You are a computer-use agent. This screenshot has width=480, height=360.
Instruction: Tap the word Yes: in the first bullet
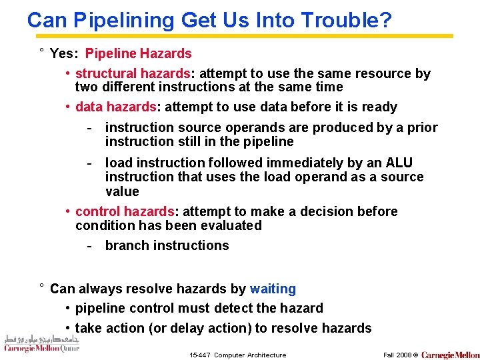(x=65, y=53)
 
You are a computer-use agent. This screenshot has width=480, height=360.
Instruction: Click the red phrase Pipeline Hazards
(x=139, y=53)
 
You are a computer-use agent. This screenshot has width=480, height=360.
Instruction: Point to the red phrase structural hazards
(x=133, y=73)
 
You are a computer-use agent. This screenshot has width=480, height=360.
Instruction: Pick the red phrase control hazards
(x=125, y=211)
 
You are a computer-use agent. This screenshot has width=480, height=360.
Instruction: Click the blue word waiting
(x=273, y=289)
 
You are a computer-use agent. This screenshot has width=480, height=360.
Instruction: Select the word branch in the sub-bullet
(x=127, y=245)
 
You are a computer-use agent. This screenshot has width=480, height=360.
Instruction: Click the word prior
(x=423, y=127)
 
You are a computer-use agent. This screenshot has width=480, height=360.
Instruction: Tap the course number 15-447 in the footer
(x=200, y=355)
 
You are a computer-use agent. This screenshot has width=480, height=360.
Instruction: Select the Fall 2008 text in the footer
(x=397, y=355)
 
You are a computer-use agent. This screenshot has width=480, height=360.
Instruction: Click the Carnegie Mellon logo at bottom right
(x=450, y=355)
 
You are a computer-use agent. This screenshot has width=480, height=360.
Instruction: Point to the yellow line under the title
(x=240, y=36)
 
